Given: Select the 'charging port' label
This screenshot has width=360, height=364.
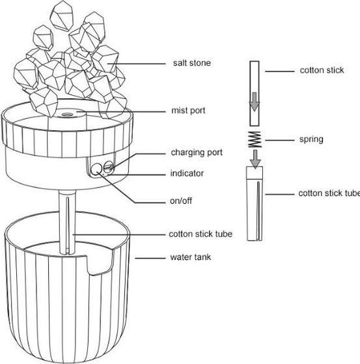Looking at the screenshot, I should [x=197, y=152].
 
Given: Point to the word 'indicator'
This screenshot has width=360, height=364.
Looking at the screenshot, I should [x=187, y=173].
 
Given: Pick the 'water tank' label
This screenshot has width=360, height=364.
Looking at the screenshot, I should [x=191, y=257].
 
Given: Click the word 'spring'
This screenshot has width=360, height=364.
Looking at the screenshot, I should [x=311, y=139].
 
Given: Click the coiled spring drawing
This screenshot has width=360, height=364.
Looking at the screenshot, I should [x=255, y=139].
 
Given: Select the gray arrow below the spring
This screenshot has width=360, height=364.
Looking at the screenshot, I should [x=255, y=158].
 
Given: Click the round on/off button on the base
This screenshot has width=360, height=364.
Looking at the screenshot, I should [x=96, y=169].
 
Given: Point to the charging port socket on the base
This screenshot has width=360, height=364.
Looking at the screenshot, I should [x=108, y=168].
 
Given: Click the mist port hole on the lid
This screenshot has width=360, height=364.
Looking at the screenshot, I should [x=68, y=114].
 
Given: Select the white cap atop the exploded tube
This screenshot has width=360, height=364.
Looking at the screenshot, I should [x=255, y=173].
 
